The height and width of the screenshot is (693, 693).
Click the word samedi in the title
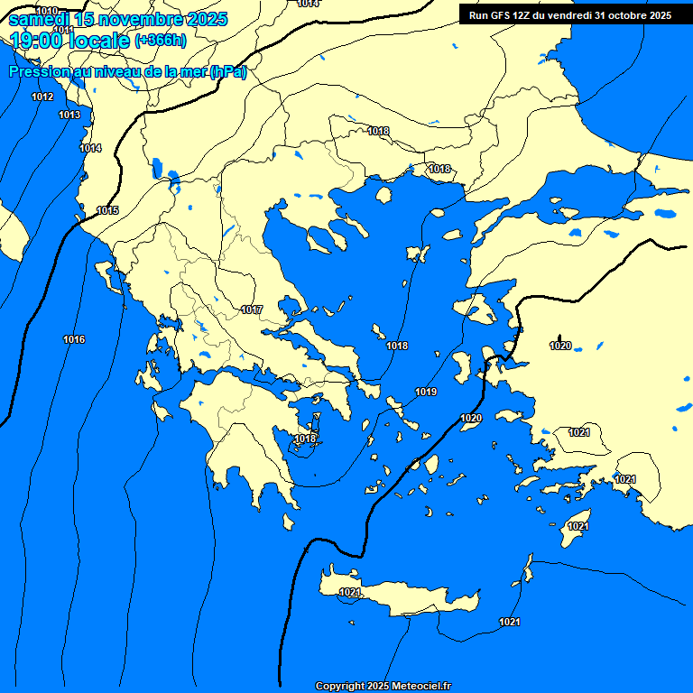point(38,19)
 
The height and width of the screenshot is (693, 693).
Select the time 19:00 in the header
point(39,40)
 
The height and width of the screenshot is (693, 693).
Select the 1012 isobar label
point(42,97)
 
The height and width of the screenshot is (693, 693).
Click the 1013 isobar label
point(69,115)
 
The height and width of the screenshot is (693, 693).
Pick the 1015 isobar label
point(107,210)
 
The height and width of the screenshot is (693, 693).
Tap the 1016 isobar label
point(74,339)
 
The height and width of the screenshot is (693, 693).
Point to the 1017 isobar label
point(252,310)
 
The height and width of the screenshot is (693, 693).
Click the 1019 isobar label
point(426,392)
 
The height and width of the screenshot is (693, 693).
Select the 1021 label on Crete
point(350,592)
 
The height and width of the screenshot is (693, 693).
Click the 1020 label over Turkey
point(560,346)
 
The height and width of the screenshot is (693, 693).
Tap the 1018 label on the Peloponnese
point(306,439)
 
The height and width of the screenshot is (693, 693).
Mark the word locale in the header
point(100,40)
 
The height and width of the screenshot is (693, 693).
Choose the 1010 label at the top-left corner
point(46,10)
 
